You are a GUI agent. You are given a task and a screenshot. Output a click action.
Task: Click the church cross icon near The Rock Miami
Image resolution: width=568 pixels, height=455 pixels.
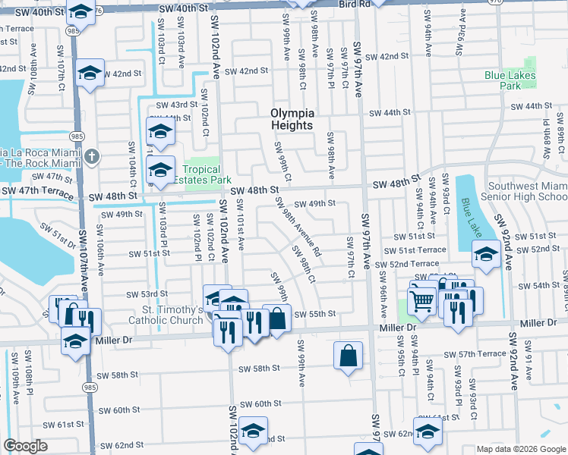(90, 156)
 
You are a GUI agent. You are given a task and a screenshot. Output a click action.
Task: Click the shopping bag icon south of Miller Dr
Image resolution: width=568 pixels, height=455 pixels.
(348, 355)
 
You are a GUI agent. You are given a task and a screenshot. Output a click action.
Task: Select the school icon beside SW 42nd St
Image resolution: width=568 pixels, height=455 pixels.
(90, 74)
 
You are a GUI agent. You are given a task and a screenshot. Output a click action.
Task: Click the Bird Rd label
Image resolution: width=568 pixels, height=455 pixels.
(354, 4)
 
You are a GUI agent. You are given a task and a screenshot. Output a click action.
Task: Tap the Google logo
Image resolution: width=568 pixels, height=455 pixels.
(26, 446)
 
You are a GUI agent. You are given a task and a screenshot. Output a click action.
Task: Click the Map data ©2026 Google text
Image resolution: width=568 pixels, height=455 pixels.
(521, 449)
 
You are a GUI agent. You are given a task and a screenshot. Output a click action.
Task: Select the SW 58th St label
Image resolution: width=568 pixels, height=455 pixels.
(260, 369)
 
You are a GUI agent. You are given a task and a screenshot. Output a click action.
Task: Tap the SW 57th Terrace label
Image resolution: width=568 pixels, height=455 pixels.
(475, 354)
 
